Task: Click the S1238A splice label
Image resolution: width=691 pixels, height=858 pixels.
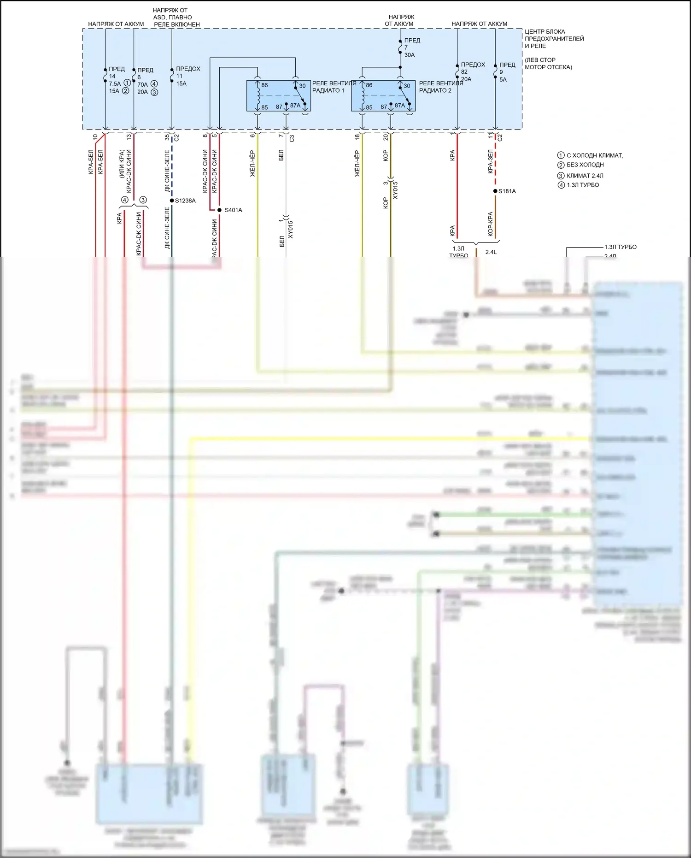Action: tap(185, 201)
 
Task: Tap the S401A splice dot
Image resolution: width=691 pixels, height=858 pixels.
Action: tap(219, 210)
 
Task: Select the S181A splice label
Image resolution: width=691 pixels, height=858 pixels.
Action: tap(507, 191)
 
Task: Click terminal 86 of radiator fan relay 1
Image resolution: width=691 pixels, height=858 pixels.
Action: tap(264, 85)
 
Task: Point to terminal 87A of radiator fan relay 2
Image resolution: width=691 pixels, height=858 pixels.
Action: tap(400, 106)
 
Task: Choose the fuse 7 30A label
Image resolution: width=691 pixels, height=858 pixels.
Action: tap(409, 47)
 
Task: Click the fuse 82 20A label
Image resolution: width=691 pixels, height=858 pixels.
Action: tap(473, 72)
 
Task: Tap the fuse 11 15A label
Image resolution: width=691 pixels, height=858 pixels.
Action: tap(188, 76)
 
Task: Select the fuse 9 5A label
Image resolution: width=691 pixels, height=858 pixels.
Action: tap(507, 72)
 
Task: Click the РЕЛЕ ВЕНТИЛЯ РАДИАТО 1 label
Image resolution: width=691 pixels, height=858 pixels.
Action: tap(334, 87)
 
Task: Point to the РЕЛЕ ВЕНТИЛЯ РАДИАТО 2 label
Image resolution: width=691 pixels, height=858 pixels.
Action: tap(441, 87)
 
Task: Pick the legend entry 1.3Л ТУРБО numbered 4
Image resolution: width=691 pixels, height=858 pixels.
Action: tap(582, 185)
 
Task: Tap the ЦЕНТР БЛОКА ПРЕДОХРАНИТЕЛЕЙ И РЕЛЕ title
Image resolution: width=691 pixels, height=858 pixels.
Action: tap(554, 39)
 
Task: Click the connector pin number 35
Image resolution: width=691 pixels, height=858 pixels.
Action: tap(167, 137)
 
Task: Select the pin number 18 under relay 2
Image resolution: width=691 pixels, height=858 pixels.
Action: tap(357, 137)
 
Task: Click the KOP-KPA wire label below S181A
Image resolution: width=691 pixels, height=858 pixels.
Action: tap(491, 224)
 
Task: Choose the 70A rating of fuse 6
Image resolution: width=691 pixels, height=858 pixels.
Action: tap(142, 84)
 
